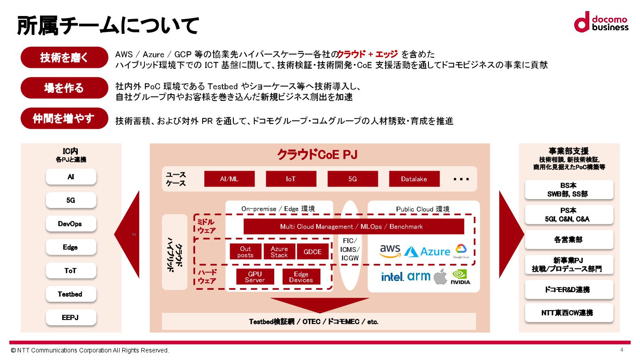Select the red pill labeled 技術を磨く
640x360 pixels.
pos(64,57)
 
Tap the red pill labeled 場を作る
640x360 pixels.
pos(64,88)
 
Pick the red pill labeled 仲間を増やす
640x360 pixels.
pos(64,119)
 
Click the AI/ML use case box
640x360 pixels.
pos(229,179)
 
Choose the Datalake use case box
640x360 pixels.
pos(414,179)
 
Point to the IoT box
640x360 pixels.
pos(291,179)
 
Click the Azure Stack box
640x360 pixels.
pos(279,252)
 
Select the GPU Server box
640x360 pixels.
pos(255,276)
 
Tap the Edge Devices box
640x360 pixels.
pos(301,276)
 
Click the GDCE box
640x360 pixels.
pos(312,252)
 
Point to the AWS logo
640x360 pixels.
pos(390,251)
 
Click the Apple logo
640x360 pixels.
pos(440,276)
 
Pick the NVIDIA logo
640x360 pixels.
pos(461,276)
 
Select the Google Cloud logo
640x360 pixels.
pos(461,251)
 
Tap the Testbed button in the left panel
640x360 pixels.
pos(70,294)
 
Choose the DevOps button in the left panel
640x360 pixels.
pos(70,224)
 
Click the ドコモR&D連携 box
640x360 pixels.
pos(569,289)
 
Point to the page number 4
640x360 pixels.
pos(621,349)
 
